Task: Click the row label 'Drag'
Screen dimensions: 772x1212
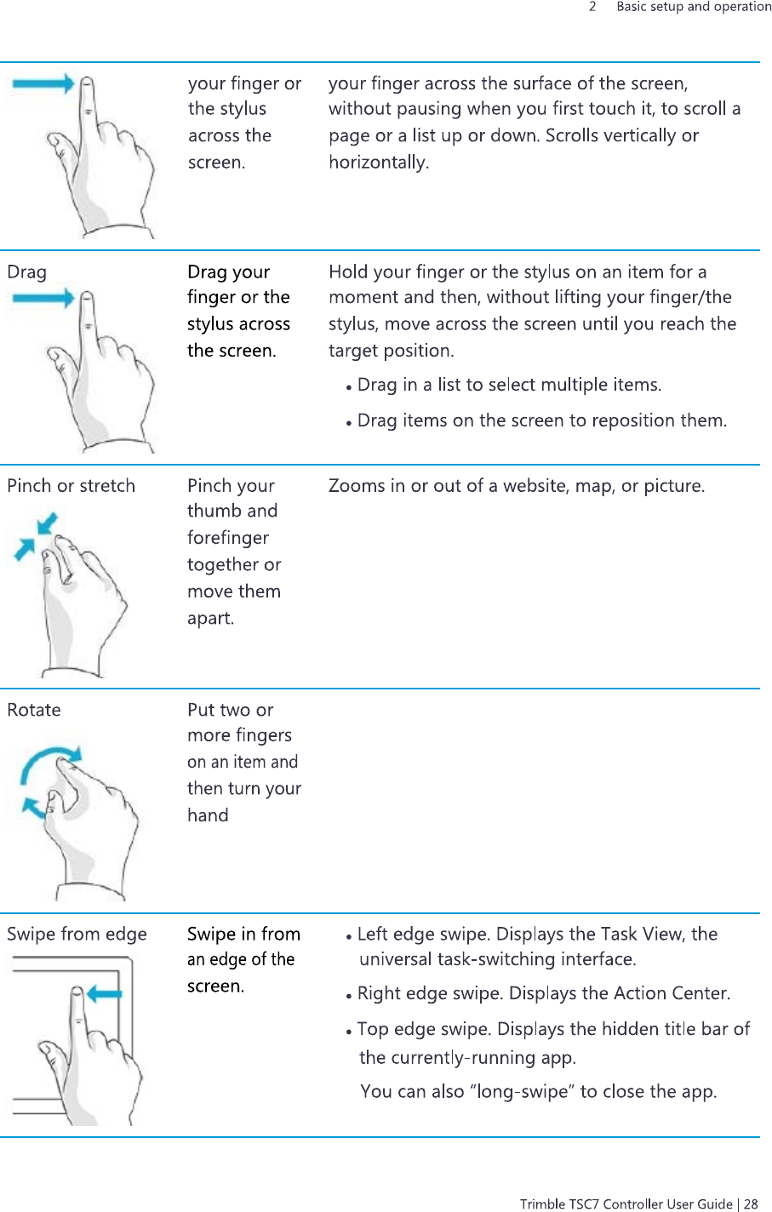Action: tap(26, 272)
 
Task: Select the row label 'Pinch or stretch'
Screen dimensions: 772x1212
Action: tap(71, 486)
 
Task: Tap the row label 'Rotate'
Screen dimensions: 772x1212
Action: tap(34, 710)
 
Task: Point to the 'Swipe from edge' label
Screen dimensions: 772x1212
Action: tap(77, 935)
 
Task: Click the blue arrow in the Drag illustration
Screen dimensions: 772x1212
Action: tap(43, 298)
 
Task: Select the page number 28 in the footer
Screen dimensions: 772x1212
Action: tap(750, 1203)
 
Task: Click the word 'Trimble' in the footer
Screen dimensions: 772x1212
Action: tap(542, 1203)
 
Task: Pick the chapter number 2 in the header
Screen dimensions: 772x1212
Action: tap(592, 7)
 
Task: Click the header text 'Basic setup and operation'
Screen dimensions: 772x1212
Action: tap(694, 7)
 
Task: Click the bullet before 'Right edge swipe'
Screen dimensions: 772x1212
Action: tap(349, 996)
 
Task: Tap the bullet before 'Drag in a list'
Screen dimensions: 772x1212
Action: tap(349, 387)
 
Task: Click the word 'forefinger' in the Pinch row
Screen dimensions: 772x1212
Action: tap(228, 538)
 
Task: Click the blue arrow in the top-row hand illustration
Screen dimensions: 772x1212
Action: tap(43, 83)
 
